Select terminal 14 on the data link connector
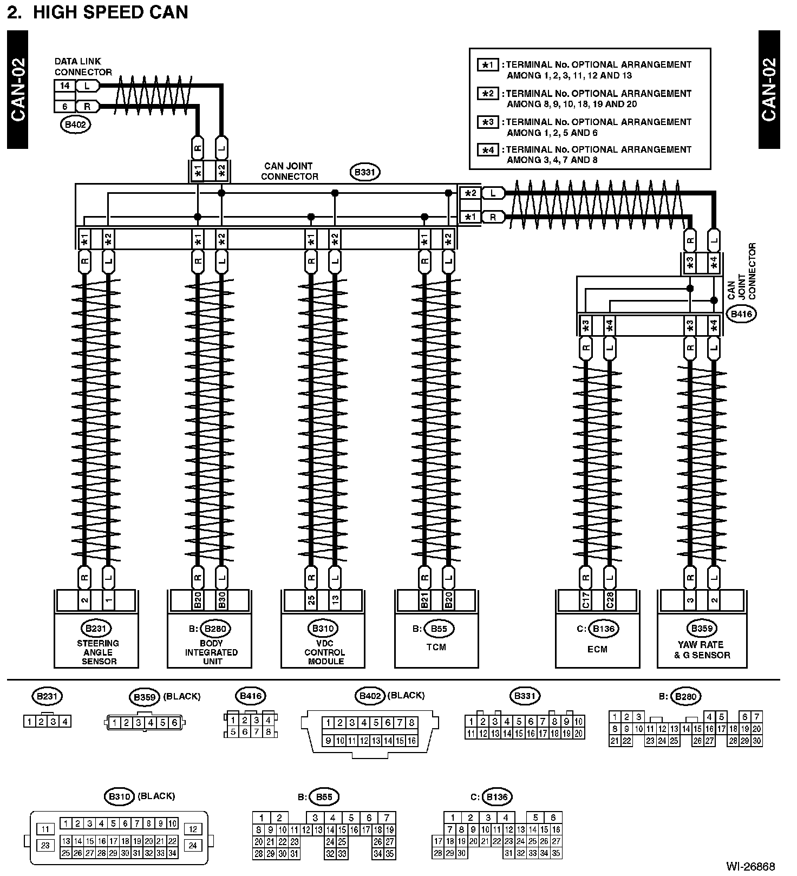click(x=65, y=86)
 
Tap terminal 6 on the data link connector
click(x=65, y=107)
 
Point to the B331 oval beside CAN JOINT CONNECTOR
click(x=365, y=173)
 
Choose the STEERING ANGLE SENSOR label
click(x=98, y=652)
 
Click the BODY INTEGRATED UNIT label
click(x=211, y=652)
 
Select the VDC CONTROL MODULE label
click(x=324, y=652)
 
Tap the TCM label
click(x=436, y=647)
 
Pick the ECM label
click(x=597, y=649)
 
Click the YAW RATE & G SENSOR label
click(x=702, y=650)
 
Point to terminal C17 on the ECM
click(x=586, y=600)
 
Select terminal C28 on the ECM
click(x=610, y=600)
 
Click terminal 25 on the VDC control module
click(x=311, y=600)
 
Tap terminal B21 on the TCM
click(x=424, y=600)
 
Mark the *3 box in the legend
click(x=488, y=122)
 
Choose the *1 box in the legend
click(x=488, y=65)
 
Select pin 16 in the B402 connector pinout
click(x=411, y=741)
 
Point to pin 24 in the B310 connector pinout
click(x=192, y=845)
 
